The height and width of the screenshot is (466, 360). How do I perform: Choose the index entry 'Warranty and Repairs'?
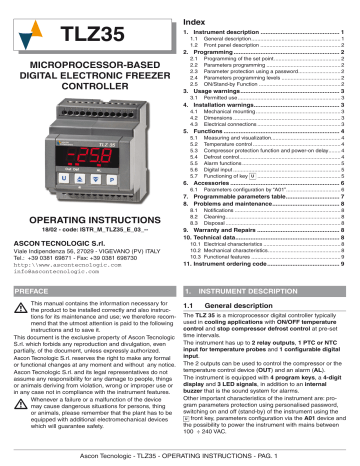coord(232,229)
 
